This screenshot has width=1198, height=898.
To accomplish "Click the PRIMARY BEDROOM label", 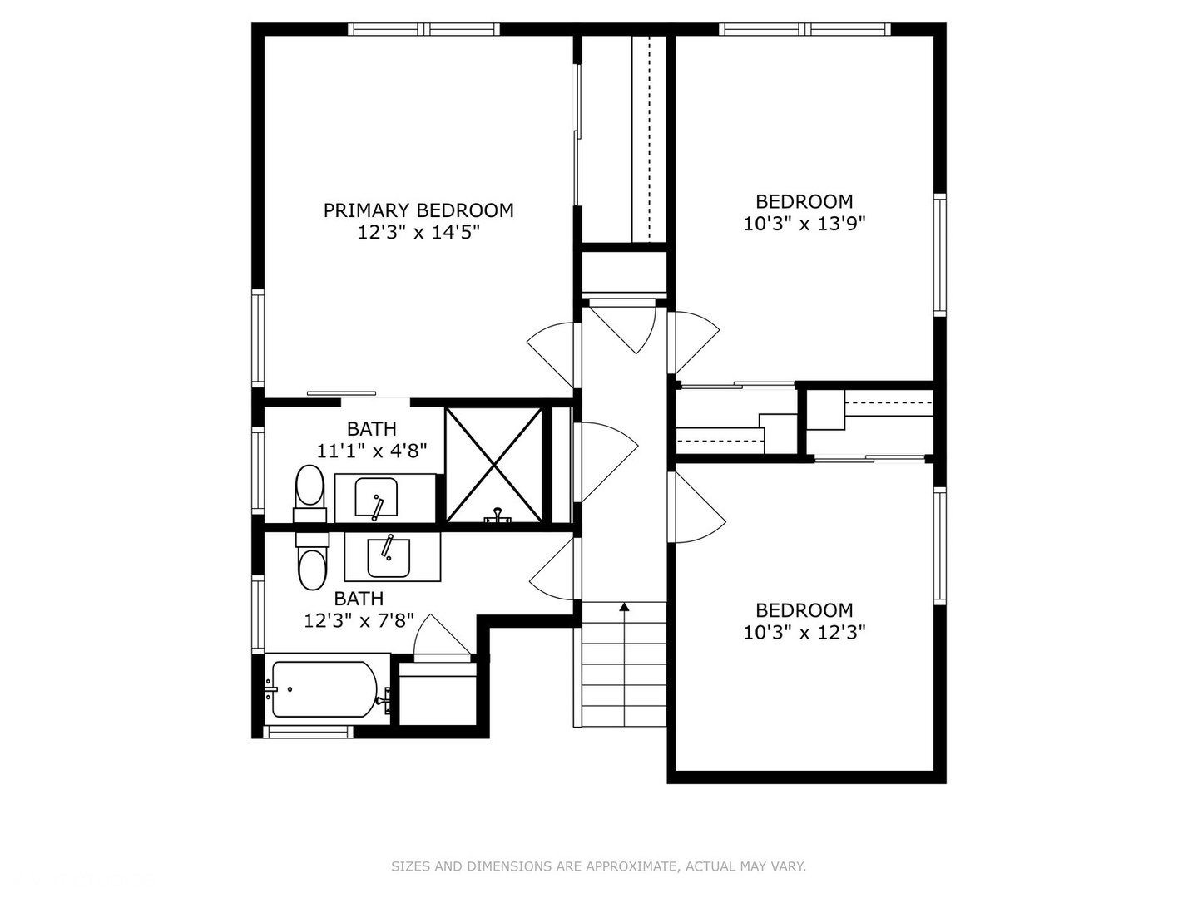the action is [x=418, y=210].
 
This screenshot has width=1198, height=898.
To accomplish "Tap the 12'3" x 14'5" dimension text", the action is [x=418, y=233].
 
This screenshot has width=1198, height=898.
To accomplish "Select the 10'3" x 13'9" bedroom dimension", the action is [x=804, y=224].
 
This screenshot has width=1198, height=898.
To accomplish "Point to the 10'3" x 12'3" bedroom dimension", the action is [x=804, y=633].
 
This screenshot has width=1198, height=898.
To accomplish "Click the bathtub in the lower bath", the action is [x=324, y=689].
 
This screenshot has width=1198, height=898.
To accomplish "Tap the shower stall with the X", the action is [x=494, y=465].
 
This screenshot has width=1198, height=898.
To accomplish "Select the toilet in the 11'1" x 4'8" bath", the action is [x=309, y=493].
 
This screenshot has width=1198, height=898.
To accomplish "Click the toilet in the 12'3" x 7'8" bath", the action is [x=312, y=561].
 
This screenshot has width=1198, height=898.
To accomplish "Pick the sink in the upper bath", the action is [x=376, y=497].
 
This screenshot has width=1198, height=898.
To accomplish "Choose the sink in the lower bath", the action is [x=389, y=558].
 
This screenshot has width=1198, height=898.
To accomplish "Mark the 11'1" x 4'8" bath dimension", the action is [x=372, y=451].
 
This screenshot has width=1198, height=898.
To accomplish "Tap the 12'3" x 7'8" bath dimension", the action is [x=359, y=620].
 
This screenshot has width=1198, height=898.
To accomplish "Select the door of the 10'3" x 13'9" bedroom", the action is [x=694, y=343].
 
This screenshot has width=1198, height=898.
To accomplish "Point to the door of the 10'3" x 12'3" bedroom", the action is [x=697, y=507].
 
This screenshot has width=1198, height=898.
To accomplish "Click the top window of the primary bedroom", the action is [x=424, y=29].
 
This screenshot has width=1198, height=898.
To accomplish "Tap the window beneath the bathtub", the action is [x=309, y=733].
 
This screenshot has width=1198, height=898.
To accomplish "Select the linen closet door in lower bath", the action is [x=442, y=639].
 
